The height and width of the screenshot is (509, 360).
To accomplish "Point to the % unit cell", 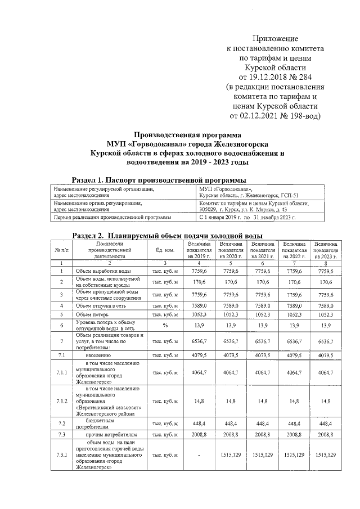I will click(165, 325).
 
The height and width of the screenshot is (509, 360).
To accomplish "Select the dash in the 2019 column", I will click(200, 454).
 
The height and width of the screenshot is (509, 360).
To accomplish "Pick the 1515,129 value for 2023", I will click(325, 454).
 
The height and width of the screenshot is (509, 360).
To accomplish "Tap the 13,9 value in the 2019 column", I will click(200, 325).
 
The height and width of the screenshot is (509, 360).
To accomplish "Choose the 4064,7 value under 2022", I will click(295, 372).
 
